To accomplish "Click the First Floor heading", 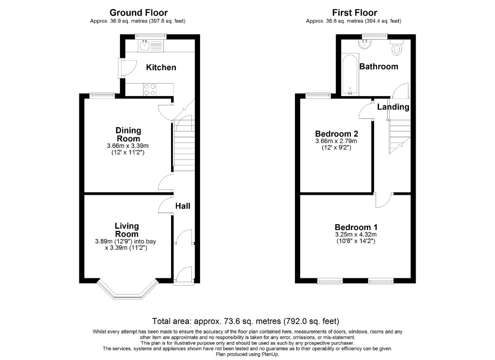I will [x=354, y=13].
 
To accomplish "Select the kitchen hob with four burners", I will [x=150, y=89].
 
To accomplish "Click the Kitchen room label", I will [x=161, y=68].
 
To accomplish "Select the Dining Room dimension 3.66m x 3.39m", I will [x=128, y=146].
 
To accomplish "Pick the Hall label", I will [x=183, y=206].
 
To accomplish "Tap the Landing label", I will [x=393, y=107].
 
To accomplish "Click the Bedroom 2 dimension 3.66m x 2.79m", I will [x=336, y=141].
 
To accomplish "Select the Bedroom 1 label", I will [x=356, y=227].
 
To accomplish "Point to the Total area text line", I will [x=246, y=321].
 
